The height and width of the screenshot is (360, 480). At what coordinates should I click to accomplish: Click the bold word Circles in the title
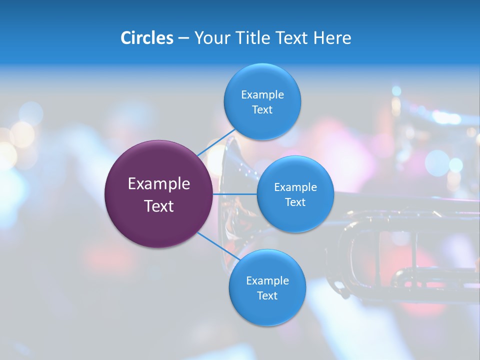click(x=147, y=38)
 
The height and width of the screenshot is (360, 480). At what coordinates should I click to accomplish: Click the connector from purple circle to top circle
click(x=216, y=143)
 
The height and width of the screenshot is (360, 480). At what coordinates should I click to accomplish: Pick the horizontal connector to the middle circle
click(x=235, y=194)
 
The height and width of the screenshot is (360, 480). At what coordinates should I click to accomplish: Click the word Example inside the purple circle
click(x=159, y=184)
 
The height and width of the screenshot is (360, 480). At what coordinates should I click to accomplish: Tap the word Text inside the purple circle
click(x=159, y=206)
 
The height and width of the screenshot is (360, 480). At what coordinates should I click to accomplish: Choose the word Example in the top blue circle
click(x=262, y=95)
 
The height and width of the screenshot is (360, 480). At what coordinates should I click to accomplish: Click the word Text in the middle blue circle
click(x=295, y=202)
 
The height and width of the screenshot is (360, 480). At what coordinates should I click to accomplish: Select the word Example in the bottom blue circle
click(x=267, y=280)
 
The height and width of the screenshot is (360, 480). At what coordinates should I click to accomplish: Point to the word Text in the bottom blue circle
click(x=267, y=295)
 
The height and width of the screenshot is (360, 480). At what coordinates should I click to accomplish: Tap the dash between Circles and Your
click(x=183, y=38)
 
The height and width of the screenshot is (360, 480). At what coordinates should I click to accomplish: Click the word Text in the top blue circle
click(x=262, y=110)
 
